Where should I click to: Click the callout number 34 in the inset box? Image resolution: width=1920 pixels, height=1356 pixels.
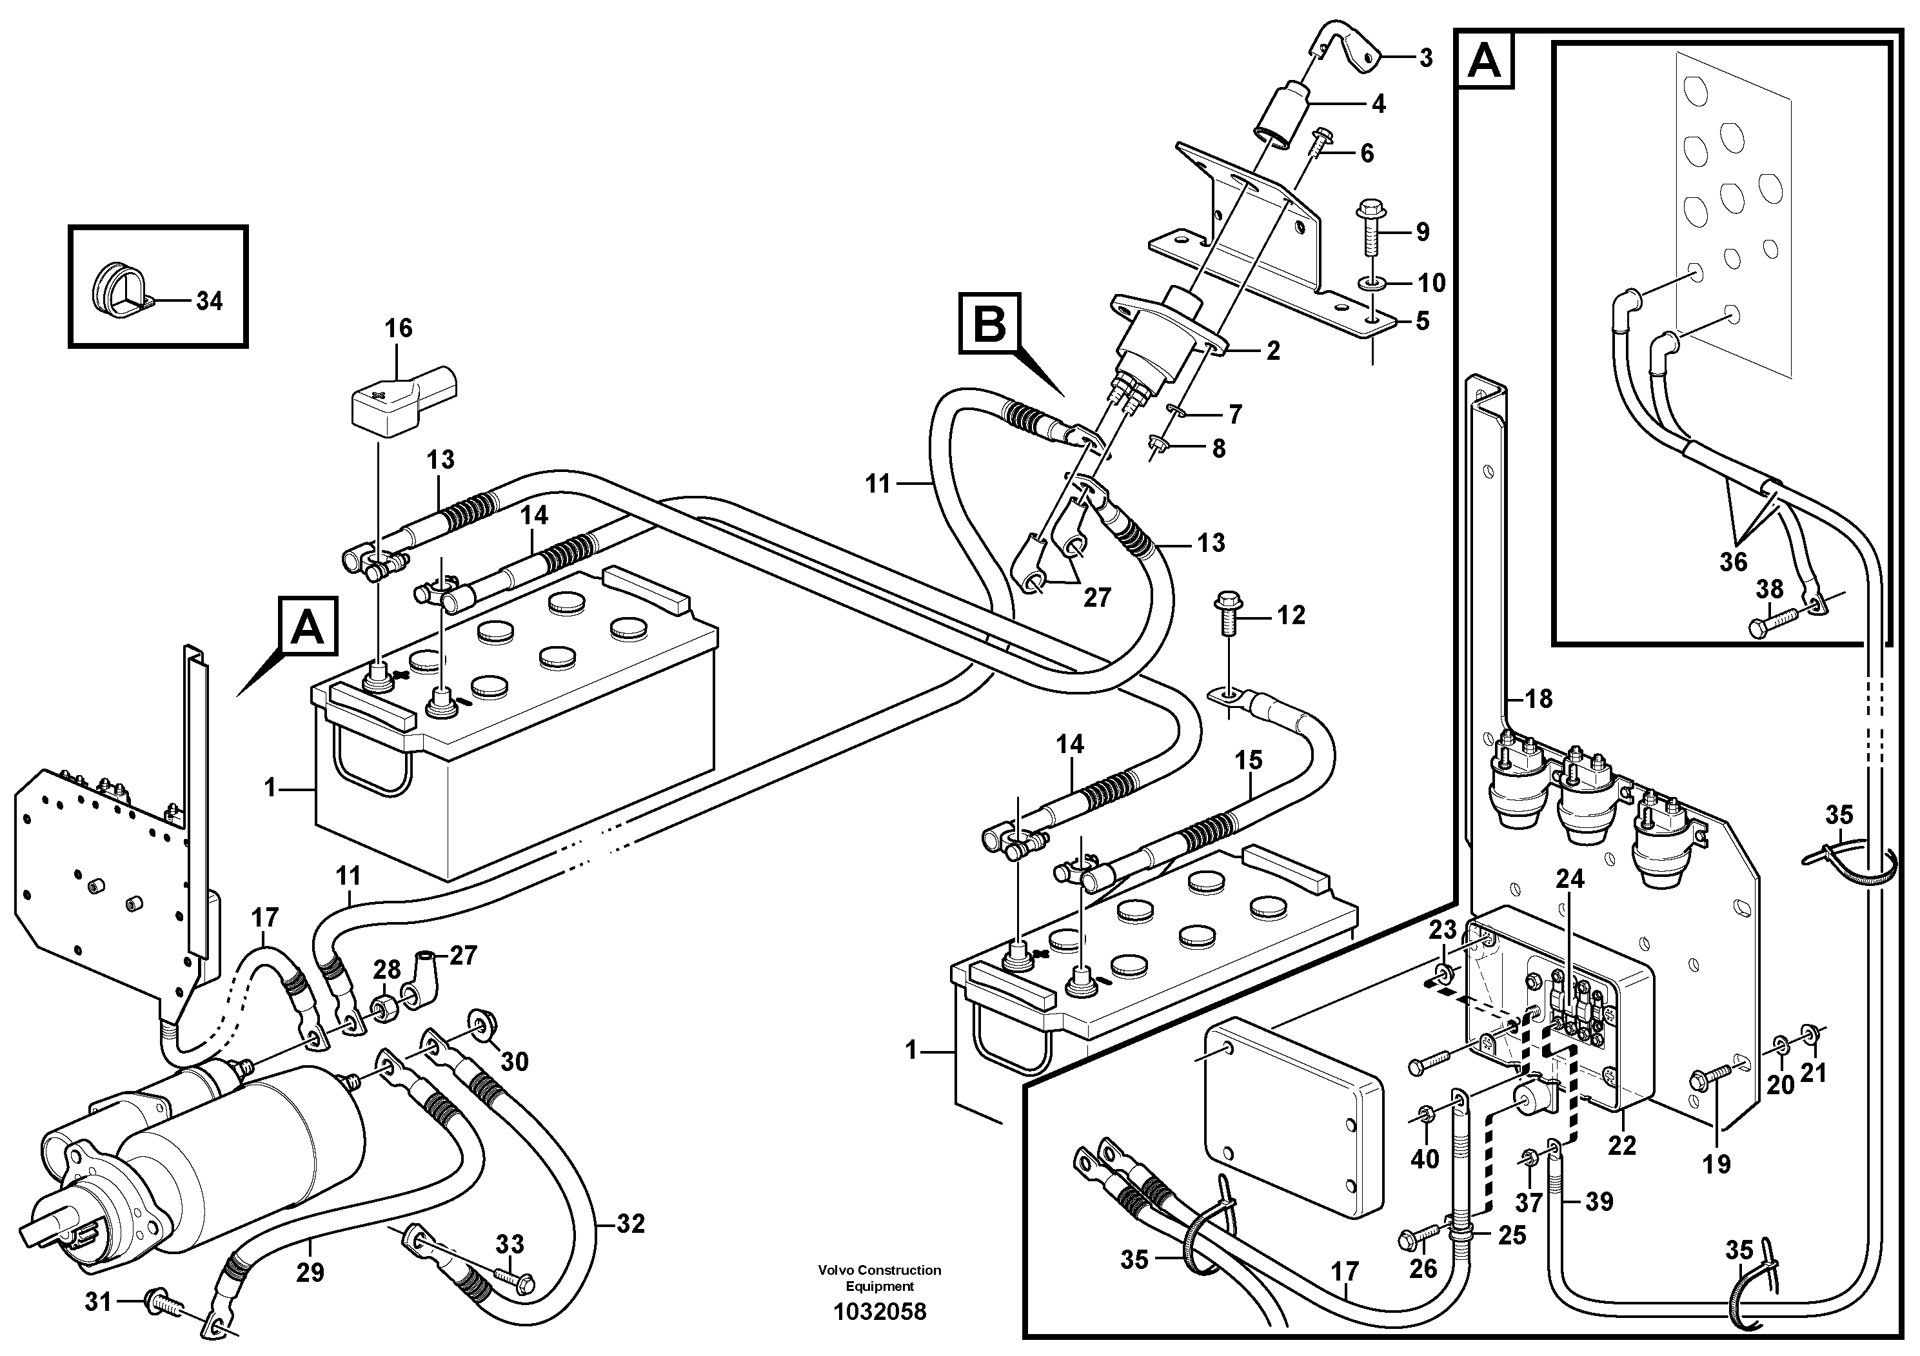point(208,301)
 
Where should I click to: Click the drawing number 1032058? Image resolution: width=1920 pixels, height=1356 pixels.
point(880,1312)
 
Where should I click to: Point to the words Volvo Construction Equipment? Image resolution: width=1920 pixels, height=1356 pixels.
point(880,1278)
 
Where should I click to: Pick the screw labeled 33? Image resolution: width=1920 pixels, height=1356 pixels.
point(514,1278)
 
